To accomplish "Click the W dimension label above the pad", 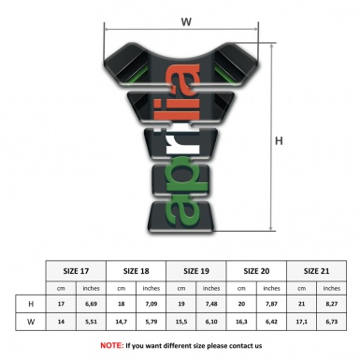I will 186,20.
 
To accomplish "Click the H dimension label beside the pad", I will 279,140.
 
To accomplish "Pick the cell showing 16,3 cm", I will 242,322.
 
